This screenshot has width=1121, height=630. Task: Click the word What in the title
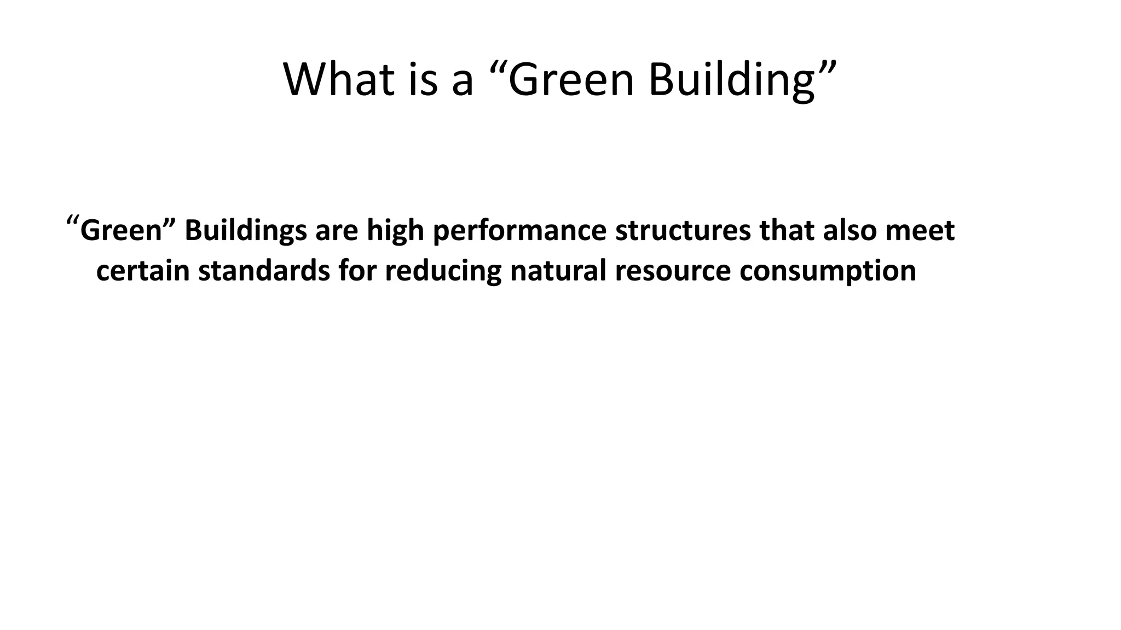pos(338,80)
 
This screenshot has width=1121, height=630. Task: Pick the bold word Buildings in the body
pos(245,230)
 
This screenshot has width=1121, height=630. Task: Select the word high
pos(395,230)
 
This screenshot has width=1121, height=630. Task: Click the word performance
pos(519,230)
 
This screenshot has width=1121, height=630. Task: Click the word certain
pos(143,271)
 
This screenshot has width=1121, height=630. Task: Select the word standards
pos(264,271)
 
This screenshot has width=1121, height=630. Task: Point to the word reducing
pos(443,271)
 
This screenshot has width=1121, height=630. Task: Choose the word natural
pos(558,271)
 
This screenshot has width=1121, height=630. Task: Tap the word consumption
pos(828,271)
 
